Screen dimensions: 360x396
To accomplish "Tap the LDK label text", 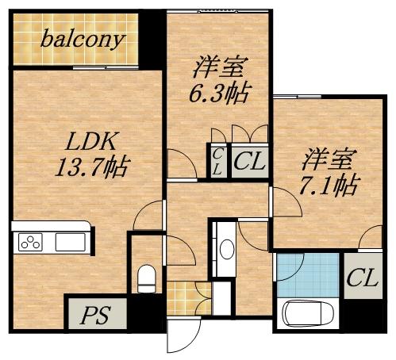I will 91,142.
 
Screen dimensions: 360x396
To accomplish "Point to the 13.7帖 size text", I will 93,167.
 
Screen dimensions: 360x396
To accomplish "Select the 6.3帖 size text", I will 216,93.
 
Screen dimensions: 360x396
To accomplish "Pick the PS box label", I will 95,314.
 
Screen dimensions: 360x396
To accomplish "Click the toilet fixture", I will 146,278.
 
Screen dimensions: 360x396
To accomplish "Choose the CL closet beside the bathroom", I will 361,278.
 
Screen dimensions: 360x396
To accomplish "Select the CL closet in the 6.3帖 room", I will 248,162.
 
